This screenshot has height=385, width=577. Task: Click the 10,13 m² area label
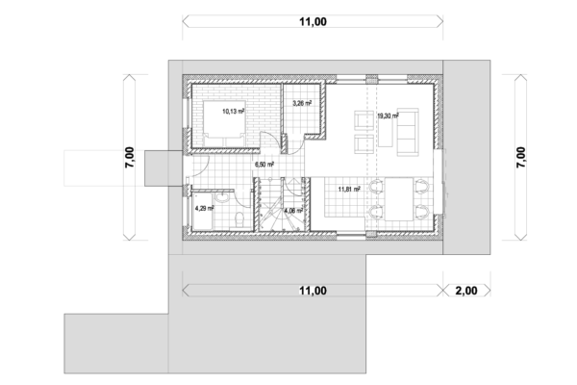234,111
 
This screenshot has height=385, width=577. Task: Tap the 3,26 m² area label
302,103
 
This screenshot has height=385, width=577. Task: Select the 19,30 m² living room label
388,115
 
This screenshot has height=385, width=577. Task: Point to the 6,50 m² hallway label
264,165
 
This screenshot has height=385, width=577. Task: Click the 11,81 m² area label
349,190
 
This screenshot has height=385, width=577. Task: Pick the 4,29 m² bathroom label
204,208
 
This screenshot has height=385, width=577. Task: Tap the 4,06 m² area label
293,211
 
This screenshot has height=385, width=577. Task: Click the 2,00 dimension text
466,291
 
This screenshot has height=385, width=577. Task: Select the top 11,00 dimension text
313,22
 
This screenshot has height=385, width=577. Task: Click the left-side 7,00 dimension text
130,157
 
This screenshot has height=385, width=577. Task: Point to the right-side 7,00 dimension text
521,157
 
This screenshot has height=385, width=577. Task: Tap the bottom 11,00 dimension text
313,291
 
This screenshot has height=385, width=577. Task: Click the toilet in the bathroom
239,220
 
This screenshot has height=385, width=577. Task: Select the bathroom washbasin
222,197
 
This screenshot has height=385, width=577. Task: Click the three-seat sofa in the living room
408,132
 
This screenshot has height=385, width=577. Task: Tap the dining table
399,199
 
